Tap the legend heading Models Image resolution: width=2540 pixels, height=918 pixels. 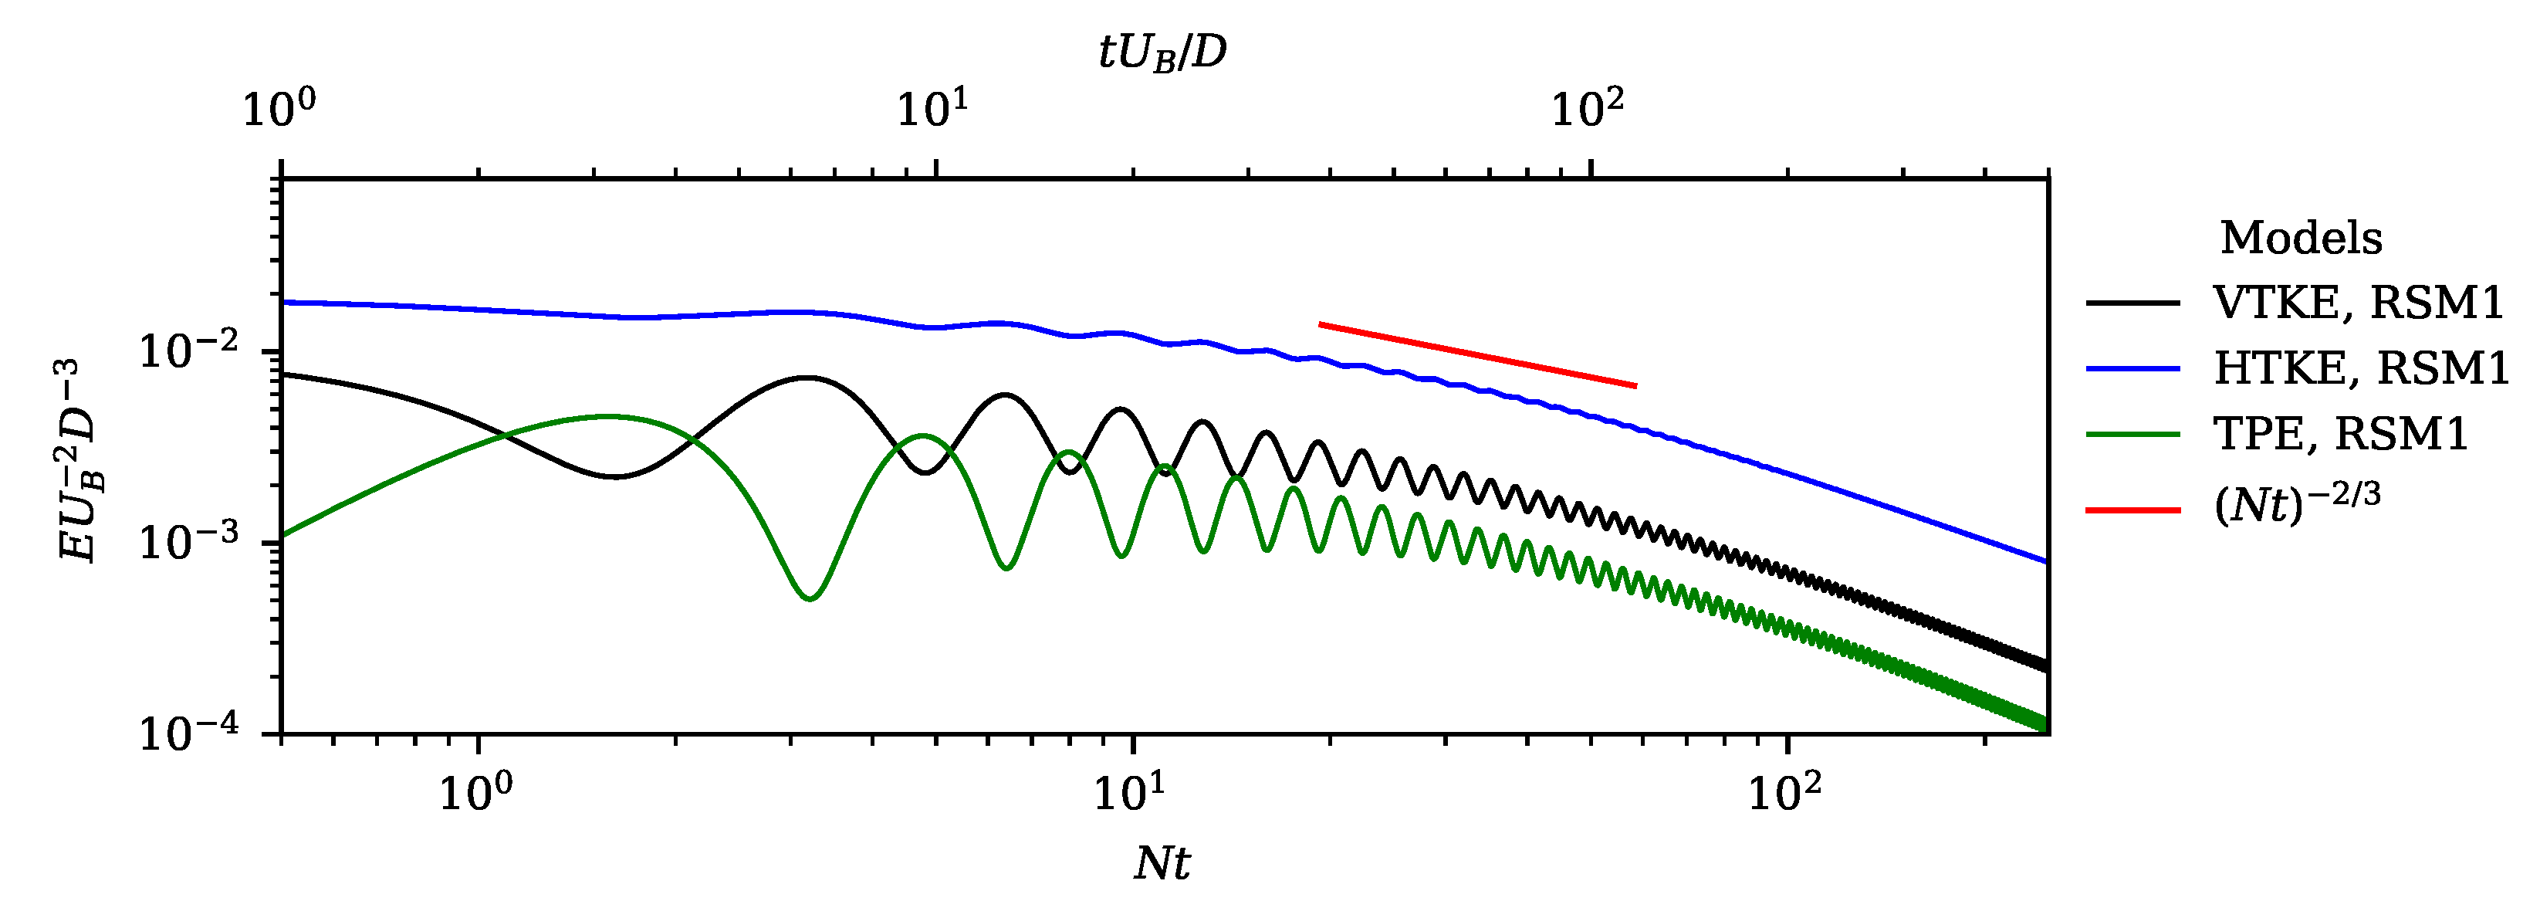click(2301, 239)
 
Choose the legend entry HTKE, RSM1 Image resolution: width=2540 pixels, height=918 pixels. click(2360, 368)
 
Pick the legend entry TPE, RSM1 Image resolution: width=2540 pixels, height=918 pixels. click(2340, 434)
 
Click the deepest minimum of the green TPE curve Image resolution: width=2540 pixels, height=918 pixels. click(809, 598)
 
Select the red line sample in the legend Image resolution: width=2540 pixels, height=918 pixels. click(2132, 510)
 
